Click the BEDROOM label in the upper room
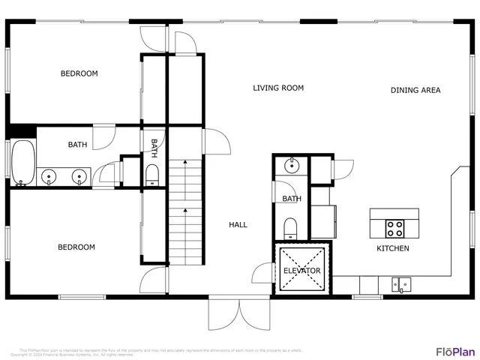[x=79, y=73]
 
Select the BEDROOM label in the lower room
[x=77, y=247]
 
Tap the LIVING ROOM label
[x=277, y=88]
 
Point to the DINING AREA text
[x=415, y=91]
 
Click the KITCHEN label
[x=392, y=248]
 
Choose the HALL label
[x=238, y=224]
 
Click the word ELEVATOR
[x=301, y=271]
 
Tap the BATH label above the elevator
[x=291, y=199]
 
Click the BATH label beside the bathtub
[x=77, y=145]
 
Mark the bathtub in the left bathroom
[x=22, y=163]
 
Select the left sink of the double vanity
[x=49, y=178]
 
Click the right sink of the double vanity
[x=78, y=178]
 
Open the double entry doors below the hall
[x=238, y=313]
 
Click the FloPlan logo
[x=455, y=351]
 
